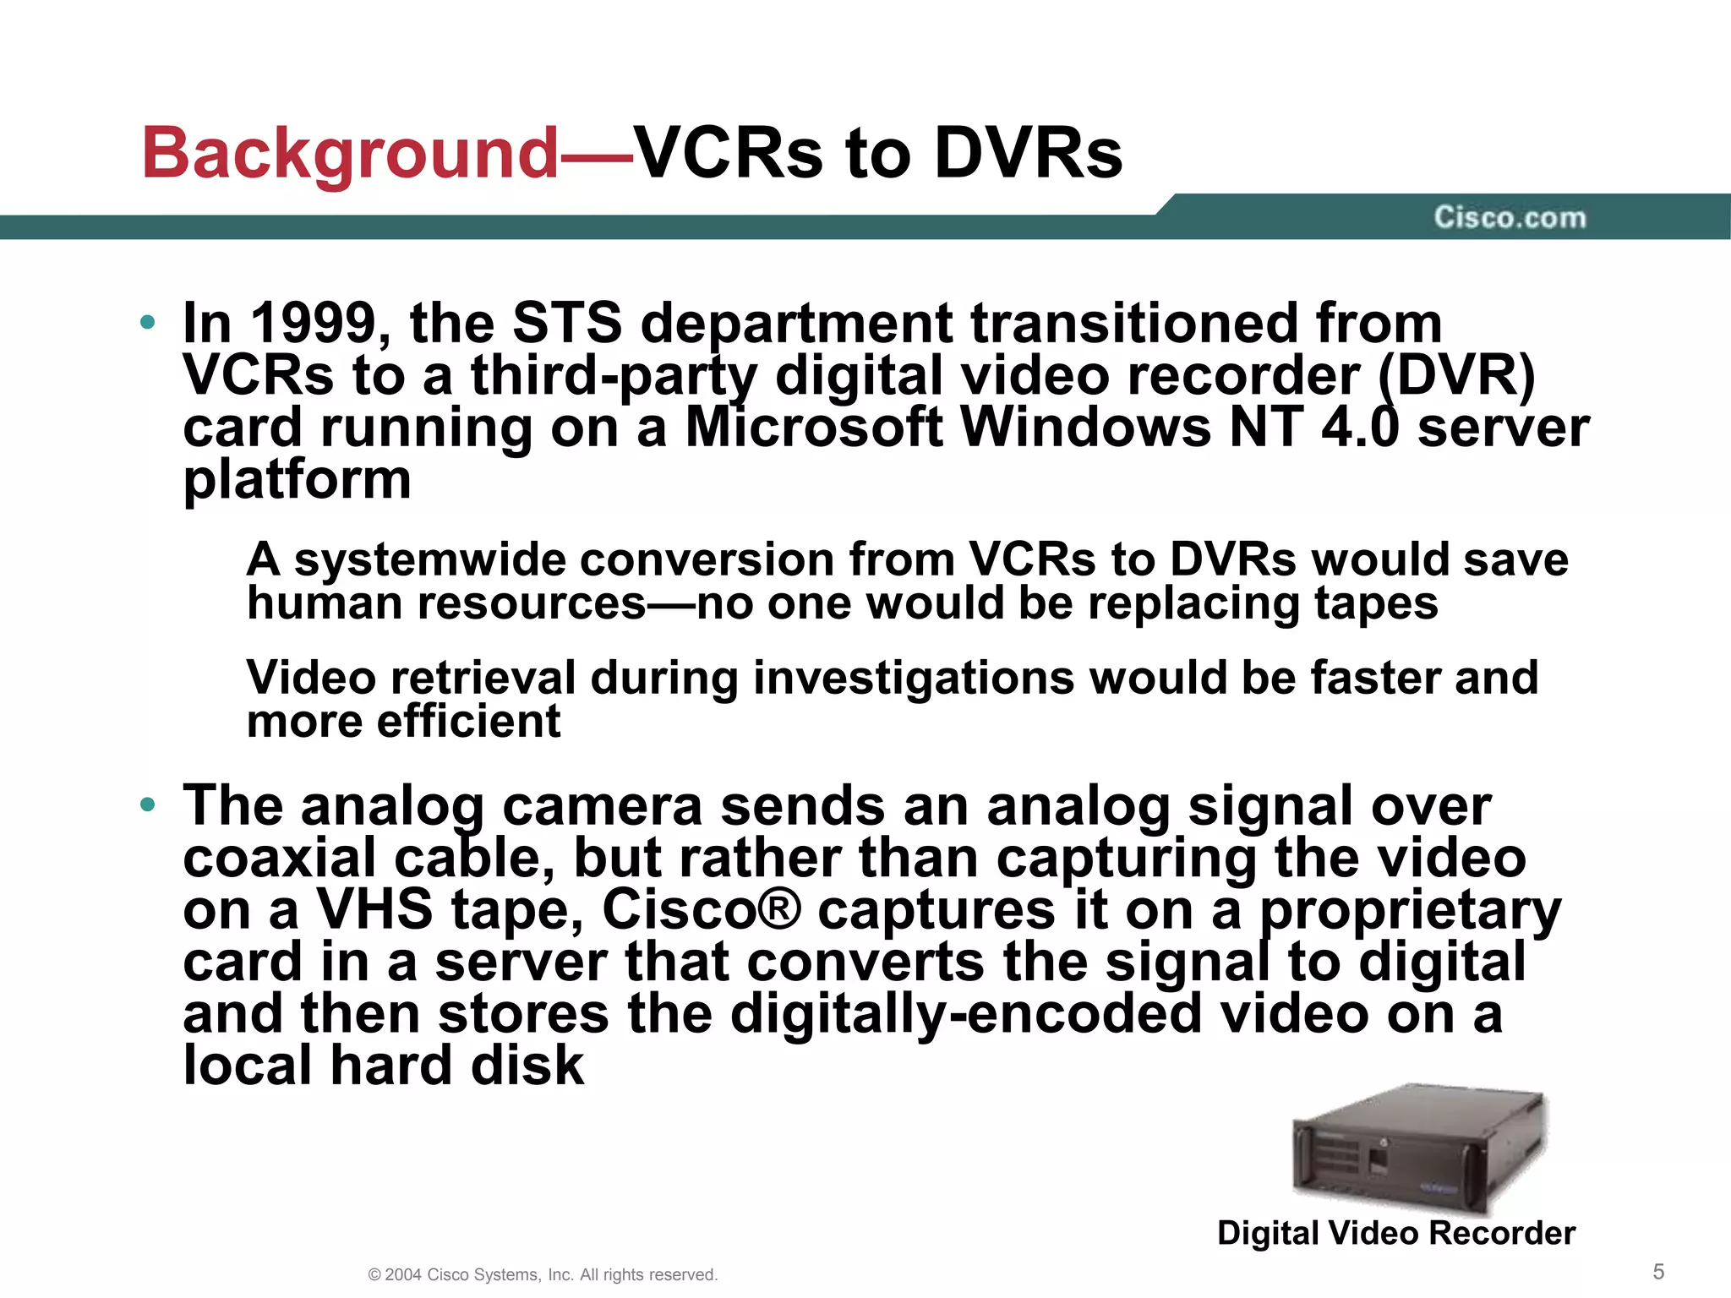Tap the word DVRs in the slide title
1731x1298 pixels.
click(1028, 154)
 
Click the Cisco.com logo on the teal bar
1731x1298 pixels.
click(1510, 217)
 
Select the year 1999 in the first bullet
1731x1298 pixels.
click(320, 324)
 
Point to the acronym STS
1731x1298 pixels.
click(567, 324)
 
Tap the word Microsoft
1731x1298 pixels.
click(813, 428)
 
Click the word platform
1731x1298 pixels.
click(298, 480)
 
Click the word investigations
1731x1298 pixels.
click(912, 678)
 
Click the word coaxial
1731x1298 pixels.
click(280, 858)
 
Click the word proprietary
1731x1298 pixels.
click(1410, 910)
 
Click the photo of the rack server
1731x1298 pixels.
click(1418, 1149)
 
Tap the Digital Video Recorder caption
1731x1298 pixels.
click(1396, 1233)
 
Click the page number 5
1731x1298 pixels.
click(1658, 1272)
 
